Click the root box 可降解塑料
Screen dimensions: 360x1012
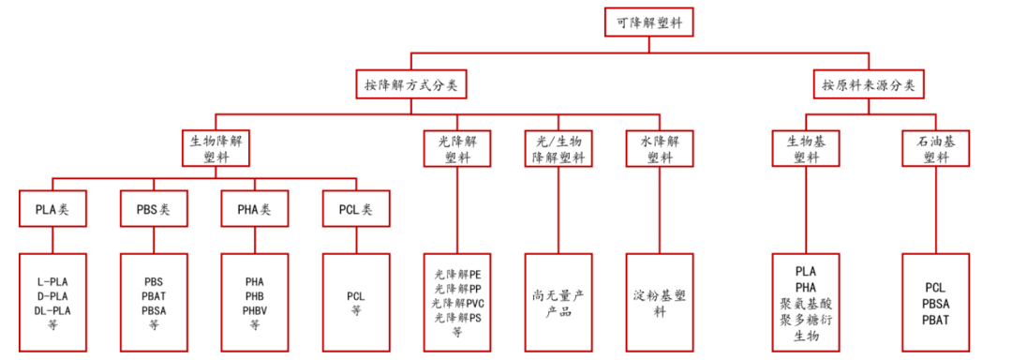click(x=647, y=22)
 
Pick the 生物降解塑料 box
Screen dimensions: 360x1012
click(x=216, y=148)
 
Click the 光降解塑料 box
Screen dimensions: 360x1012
click(x=457, y=148)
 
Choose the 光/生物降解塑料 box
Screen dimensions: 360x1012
click(x=558, y=148)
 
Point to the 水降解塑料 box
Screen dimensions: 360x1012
click(x=660, y=148)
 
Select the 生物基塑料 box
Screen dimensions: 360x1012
click(x=806, y=148)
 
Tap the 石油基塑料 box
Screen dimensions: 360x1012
click(x=936, y=148)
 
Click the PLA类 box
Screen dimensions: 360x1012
click(x=52, y=209)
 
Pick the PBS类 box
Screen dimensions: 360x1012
click(x=154, y=209)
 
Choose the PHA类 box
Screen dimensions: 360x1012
click(x=254, y=209)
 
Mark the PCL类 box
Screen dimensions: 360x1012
click(x=355, y=209)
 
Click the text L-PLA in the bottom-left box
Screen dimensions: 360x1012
click(x=52, y=280)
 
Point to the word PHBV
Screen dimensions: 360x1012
click(x=254, y=309)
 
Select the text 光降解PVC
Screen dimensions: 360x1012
click(x=457, y=304)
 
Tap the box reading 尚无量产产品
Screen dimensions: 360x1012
click(x=558, y=302)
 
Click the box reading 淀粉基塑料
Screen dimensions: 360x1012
click(x=660, y=302)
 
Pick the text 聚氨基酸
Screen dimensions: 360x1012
click(x=806, y=304)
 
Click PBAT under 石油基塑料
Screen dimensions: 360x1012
click(x=936, y=320)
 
